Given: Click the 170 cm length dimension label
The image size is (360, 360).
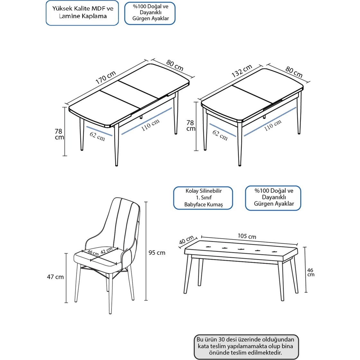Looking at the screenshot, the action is click(106, 77).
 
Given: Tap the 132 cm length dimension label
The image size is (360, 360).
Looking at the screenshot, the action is click(242, 71).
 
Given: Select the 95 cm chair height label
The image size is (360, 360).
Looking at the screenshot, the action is click(157, 253).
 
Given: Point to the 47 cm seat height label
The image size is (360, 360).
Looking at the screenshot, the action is click(55, 277).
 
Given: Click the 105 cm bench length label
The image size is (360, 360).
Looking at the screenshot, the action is click(247, 236).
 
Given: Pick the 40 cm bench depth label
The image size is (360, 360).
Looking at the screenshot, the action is click(186, 240).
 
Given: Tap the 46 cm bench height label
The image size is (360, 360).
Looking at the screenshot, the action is click(310, 272).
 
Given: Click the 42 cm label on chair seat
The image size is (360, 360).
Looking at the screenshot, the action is click(106, 250).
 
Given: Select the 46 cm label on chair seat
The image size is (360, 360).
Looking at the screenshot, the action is click(93, 253).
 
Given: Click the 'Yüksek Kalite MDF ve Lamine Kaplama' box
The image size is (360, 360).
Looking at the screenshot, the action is click(82, 13).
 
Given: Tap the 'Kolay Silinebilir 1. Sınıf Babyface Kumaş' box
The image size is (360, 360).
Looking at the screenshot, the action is click(203, 198).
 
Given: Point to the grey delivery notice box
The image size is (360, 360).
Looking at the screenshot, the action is click(246, 346).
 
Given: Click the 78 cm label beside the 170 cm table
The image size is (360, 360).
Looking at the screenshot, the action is click(59, 134).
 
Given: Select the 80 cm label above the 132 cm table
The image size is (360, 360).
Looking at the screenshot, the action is click(294, 72).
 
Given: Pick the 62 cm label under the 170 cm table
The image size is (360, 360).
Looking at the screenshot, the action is click(97, 136).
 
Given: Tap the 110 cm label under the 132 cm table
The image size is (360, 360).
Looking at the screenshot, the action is click(273, 125).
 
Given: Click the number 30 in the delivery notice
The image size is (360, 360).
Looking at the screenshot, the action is click(221, 339).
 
